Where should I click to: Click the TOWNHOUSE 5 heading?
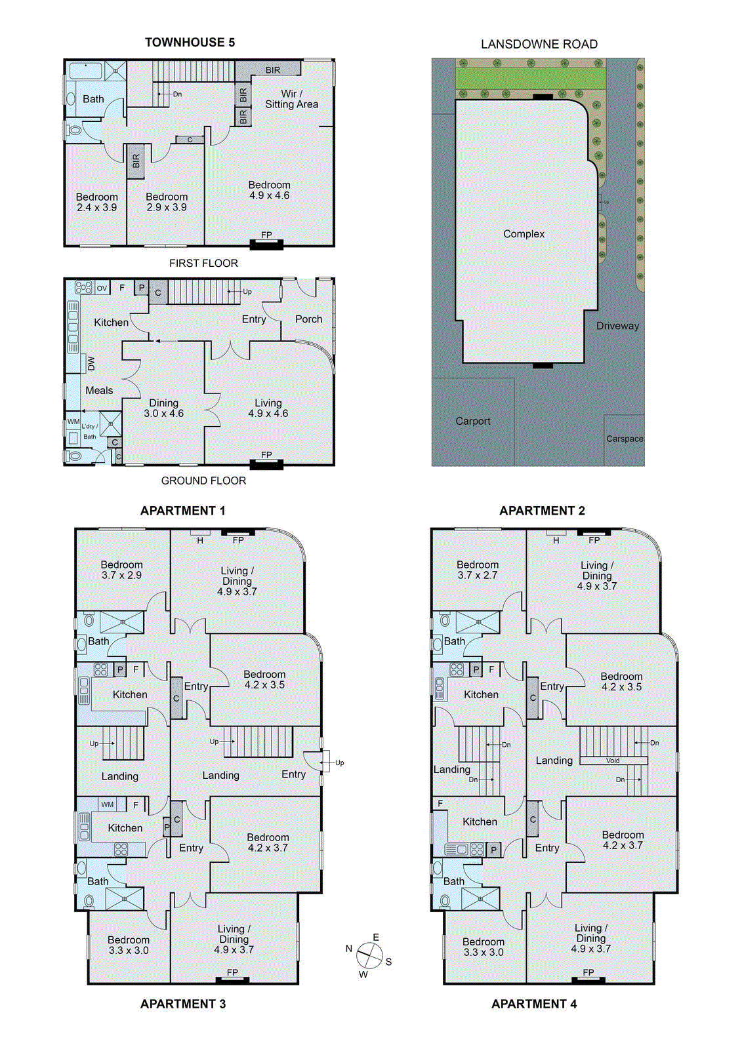click(x=190, y=43)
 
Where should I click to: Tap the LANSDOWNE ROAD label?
click(x=539, y=45)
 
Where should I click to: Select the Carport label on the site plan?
click(x=472, y=422)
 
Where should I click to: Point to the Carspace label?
click(x=624, y=439)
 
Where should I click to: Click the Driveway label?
click(x=617, y=326)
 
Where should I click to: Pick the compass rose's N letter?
click(x=349, y=949)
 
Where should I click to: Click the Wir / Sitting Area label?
click(x=291, y=99)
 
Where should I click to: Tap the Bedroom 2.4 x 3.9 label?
click(x=96, y=202)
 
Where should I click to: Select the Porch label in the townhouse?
click(x=308, y=319)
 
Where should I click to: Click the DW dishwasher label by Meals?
click(x=91, y=363)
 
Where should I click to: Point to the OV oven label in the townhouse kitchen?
click(x=102, y=288)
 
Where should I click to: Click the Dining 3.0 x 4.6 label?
click(x=163, y=408)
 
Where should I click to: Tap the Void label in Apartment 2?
click(x=613, y=761)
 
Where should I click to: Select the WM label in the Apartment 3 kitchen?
click(x=108, y=804)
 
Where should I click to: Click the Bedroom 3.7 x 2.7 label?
click(x=478, y=570)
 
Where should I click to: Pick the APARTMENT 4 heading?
click(x=534, y=1004)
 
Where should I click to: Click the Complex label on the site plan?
click(x=524, y=234)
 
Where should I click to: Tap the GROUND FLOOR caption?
click(x=203, y=481)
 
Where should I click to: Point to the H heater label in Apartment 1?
click(x=200, y=540)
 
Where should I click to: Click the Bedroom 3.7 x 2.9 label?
click(x=121, y=570)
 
